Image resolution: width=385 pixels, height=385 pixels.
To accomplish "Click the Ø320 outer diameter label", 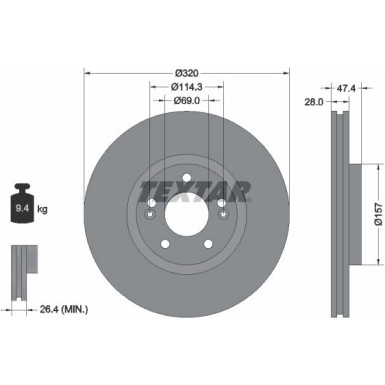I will coord(185,73).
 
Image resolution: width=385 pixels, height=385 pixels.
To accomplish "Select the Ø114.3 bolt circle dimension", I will coord(185,87).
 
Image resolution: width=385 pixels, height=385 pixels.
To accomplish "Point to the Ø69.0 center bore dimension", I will coord(185,101).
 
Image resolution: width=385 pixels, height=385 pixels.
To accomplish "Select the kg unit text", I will coord(43,209).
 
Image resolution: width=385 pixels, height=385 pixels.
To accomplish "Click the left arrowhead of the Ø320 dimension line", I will coord(88,73).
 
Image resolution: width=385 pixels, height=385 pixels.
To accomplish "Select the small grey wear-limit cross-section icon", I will coord(22,263).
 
